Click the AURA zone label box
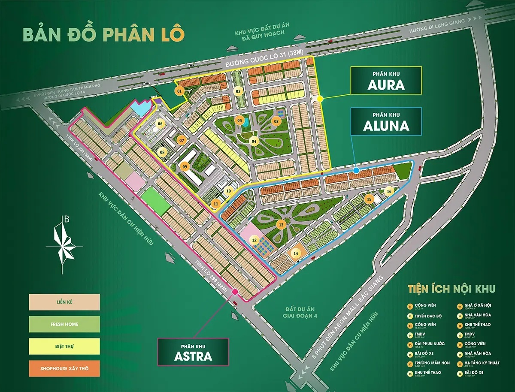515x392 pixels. point(386,80)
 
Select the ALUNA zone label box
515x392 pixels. point(386,121)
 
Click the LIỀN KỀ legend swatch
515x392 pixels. point(64,302)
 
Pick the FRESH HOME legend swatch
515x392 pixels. point(64,324)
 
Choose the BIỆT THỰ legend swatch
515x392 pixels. point(64,347)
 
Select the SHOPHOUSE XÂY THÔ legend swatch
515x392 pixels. point(64,368)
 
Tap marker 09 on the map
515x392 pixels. point(185,166)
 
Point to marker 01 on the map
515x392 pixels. point(179,90)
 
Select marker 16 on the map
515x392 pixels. point(389,191)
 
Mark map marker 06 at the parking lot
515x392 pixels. point(161,124)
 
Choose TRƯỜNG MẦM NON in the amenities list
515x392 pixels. point(430,362)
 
